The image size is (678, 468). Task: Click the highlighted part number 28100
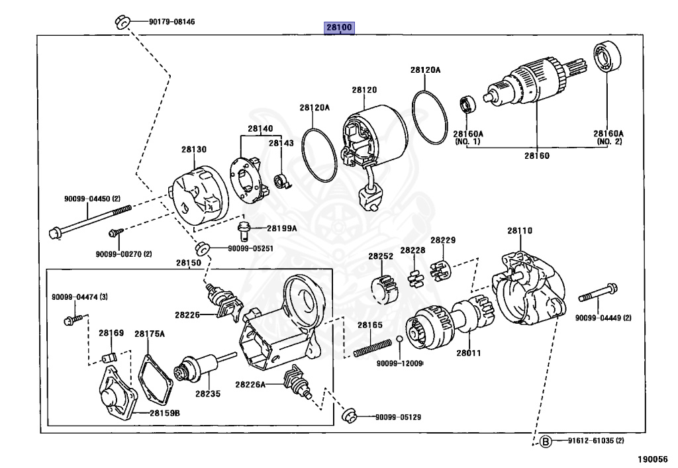(339, 28)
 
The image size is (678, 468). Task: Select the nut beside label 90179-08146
(121, 21)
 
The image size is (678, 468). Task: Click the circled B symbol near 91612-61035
(545, 442)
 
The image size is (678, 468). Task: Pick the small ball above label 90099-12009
(400, 340)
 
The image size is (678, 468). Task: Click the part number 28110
(520, 231)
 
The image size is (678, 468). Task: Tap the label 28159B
(164, 413)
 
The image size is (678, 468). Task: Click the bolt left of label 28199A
(244, 230)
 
